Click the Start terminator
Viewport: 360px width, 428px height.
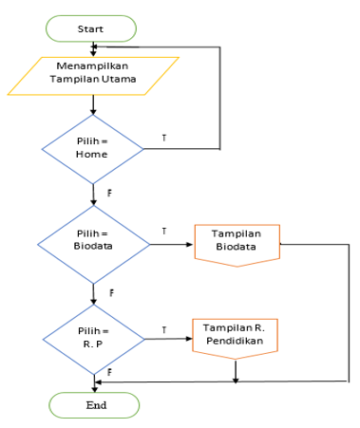91,29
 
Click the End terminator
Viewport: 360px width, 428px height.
93,405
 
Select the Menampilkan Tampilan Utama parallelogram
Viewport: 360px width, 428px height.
93,76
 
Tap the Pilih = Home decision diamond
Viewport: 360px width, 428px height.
93,149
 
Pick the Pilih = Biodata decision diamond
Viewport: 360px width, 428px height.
93,245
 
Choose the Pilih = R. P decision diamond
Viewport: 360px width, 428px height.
93,337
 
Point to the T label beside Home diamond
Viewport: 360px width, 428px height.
163,139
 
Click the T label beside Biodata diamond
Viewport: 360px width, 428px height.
163,232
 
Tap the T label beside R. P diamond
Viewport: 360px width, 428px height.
163,329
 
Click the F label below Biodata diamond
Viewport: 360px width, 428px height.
111,293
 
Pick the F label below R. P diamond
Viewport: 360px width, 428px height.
110,372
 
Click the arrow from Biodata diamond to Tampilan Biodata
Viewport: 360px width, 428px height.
171,245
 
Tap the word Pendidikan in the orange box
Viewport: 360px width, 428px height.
236,343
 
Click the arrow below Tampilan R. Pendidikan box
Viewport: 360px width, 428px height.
236,372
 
